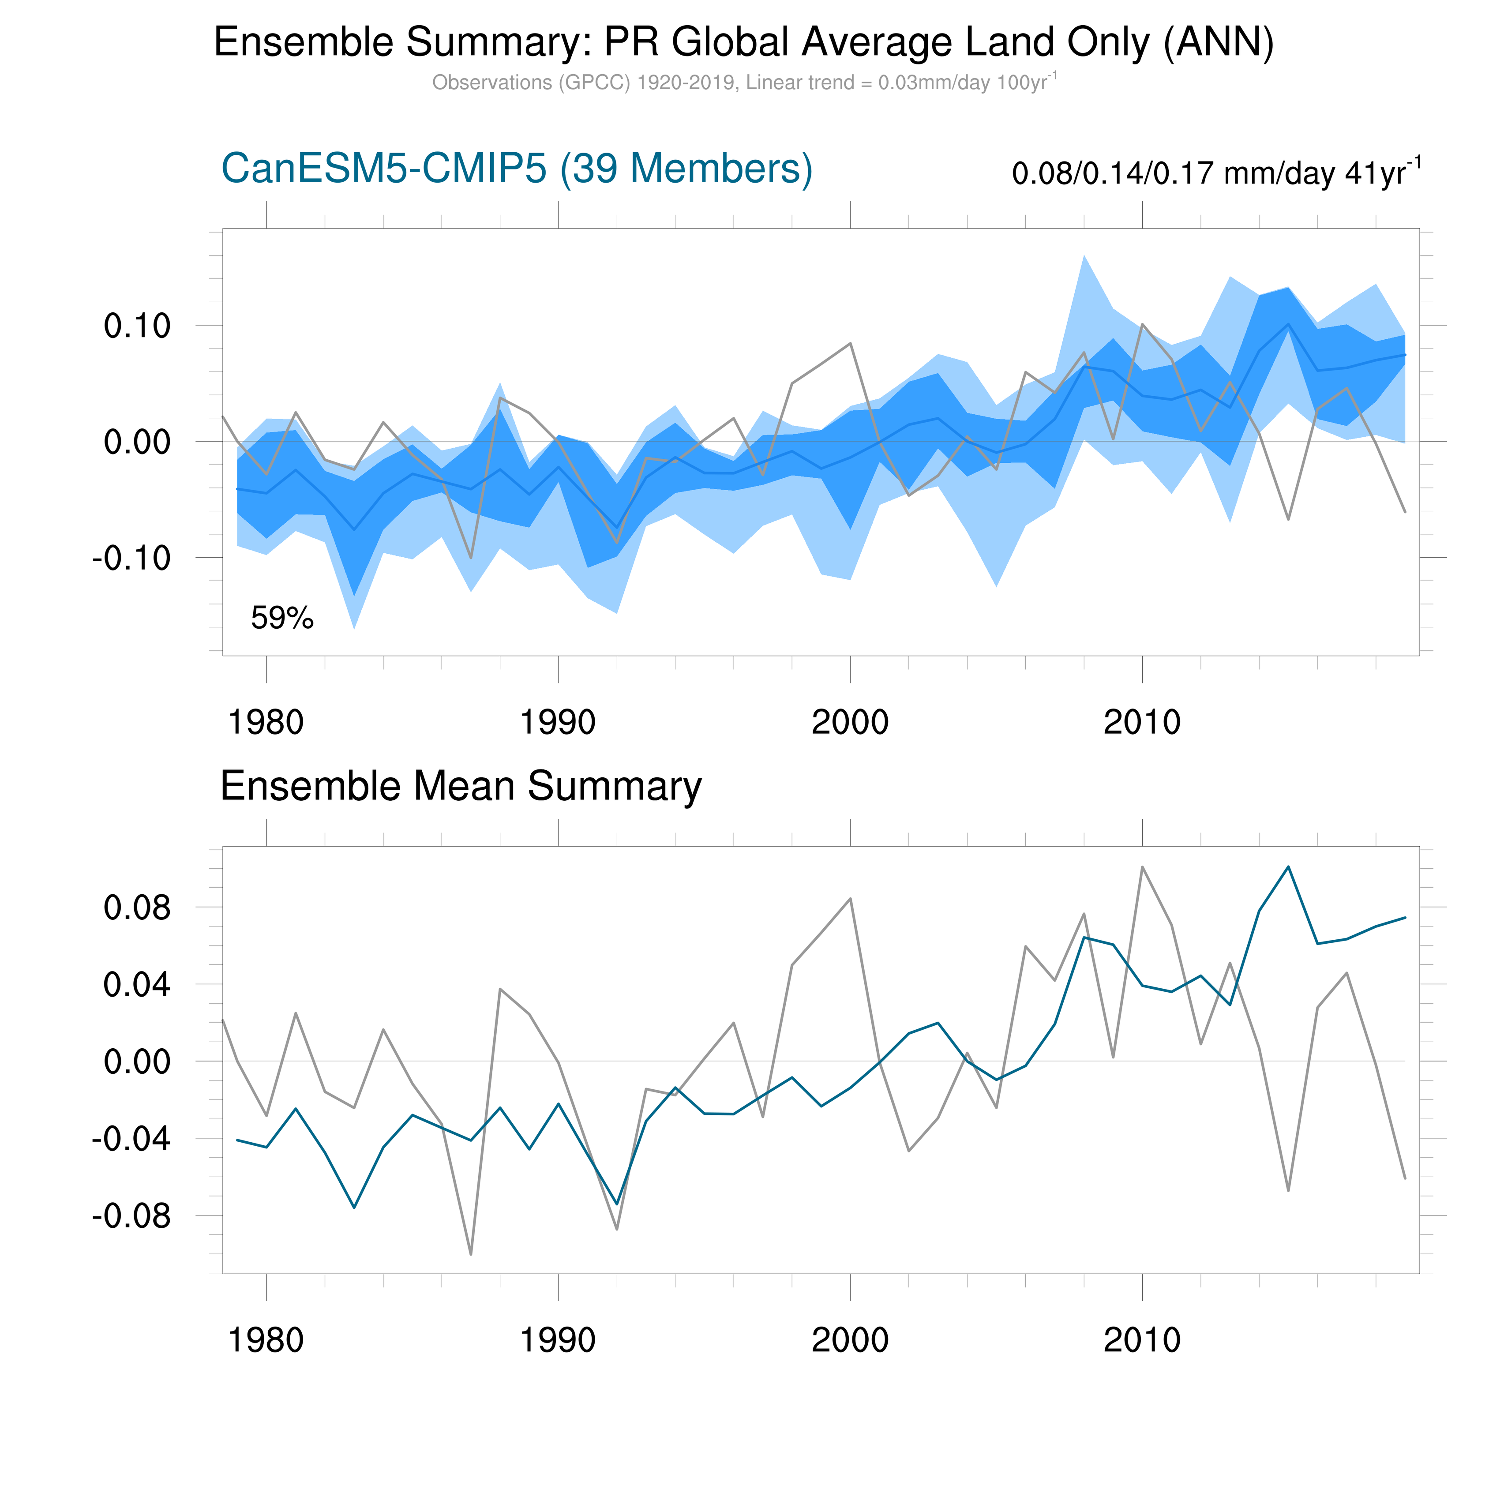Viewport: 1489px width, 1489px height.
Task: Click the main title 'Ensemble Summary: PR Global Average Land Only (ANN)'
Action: click(744, 42)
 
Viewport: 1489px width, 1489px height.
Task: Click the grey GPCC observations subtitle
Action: click(744, 83)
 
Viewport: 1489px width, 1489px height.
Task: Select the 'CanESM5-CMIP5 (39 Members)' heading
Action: click(516, 168)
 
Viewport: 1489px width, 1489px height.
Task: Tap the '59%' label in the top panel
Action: click(282, 618)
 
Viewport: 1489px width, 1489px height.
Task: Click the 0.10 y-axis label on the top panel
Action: click(137, 326)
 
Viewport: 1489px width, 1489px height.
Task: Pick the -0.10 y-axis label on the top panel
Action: click(131, 558)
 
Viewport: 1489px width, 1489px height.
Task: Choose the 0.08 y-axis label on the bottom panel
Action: click(137, 908)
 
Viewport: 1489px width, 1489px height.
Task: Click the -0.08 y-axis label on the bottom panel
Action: click(131, 1216)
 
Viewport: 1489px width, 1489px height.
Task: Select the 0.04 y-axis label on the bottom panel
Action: click(137, 985)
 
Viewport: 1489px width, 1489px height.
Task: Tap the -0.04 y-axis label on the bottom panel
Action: click(131, 1139)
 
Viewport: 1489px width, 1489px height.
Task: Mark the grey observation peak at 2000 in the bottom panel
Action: click(850, 899)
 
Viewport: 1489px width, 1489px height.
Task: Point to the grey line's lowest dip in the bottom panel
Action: click(471, 1255)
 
